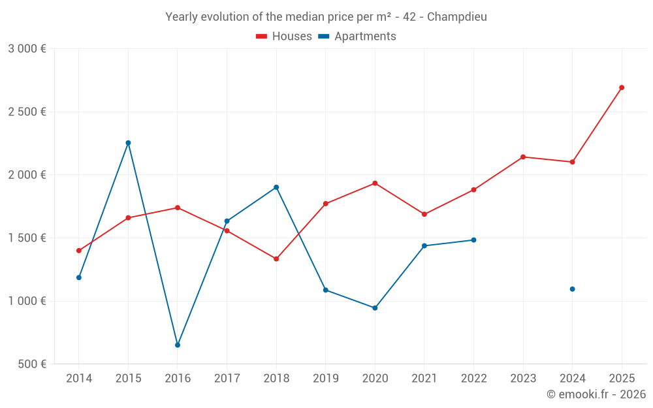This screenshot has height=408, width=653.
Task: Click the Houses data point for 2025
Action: click(622, 87)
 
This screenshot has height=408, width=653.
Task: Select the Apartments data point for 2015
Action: click(128, 143)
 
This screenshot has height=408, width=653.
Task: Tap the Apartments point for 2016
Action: click(178, 345)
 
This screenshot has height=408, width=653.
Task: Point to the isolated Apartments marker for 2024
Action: click(572, 289)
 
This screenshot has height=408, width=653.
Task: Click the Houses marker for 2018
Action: click(276, 259)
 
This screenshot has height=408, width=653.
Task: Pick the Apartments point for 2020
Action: click(375, 308)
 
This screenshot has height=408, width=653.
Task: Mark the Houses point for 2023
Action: click(523, 157)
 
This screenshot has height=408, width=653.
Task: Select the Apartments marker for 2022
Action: click(473, 240)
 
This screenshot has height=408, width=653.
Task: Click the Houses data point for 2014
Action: click(79, 251)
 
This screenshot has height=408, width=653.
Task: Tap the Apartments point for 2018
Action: click(276, 187)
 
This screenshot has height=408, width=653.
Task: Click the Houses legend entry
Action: click(284, 37)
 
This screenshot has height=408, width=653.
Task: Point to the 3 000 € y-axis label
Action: click(27, 49)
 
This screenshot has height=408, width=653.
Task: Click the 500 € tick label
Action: click(31, 364)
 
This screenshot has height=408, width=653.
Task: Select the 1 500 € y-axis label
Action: click(27, 238)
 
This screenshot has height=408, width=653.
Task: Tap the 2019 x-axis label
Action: click(325, 379)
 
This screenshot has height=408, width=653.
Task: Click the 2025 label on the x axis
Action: click(622, 379)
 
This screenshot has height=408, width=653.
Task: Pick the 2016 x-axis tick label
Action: click(178, 379)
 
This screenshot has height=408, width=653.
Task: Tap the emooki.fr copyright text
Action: click(596, 394)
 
